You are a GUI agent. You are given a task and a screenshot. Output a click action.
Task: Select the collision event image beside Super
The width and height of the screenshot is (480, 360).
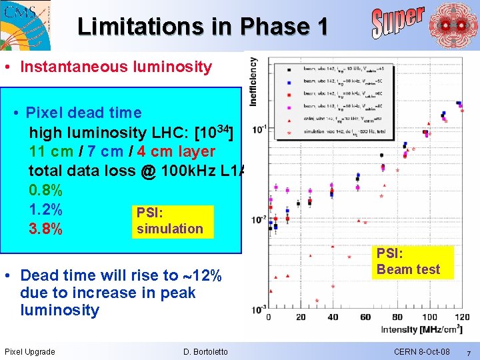453,25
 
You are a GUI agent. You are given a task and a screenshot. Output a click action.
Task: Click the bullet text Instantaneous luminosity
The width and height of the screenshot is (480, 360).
116,67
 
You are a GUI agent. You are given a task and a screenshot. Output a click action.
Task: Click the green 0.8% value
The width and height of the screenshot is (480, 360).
46,191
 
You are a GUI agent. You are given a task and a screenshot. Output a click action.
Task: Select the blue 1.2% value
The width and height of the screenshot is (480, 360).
46,209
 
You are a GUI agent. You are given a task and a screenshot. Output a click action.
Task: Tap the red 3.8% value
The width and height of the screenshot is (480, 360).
46,229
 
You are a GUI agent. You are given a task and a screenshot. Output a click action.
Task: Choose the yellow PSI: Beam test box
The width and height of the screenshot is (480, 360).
408,262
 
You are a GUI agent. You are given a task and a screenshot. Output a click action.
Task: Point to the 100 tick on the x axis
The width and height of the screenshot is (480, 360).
430,317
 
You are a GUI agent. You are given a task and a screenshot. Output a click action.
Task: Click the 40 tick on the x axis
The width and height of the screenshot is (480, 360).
333,317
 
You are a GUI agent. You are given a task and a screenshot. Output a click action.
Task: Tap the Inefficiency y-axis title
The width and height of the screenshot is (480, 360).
254,81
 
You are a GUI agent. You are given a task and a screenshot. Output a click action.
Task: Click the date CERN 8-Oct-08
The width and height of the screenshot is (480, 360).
422,351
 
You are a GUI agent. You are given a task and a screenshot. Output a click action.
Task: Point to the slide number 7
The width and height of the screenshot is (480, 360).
468,352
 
